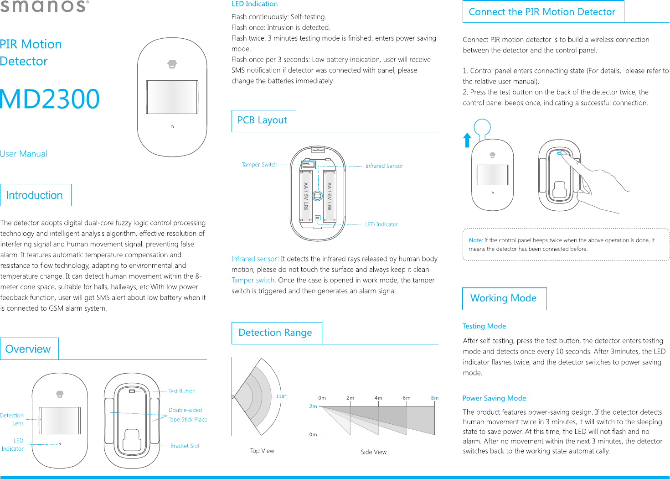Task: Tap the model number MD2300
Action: tap(50, 99)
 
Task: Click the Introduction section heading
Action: tap(34, 195)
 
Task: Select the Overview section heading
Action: tap(28, 349)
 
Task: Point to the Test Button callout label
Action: tap(182, 391)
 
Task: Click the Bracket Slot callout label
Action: tap(185, 446)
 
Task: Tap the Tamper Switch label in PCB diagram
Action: tap(259, 165)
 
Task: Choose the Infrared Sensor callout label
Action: tap(384, 166)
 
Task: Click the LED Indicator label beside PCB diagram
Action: tap(381, 224)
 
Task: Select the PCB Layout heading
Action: tap(262, 120)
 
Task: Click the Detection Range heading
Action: tap(275, 333)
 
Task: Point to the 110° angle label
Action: tap(281, 396)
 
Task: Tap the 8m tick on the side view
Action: tap(434, 398)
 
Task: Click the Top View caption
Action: tap(262, 451)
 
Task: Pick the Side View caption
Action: tap(373, 452)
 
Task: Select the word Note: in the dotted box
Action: tap(475, 240)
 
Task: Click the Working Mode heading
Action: tap(503, 298)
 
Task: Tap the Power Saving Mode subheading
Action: tap(494, 398)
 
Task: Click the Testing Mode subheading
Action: tap(484, 326)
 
